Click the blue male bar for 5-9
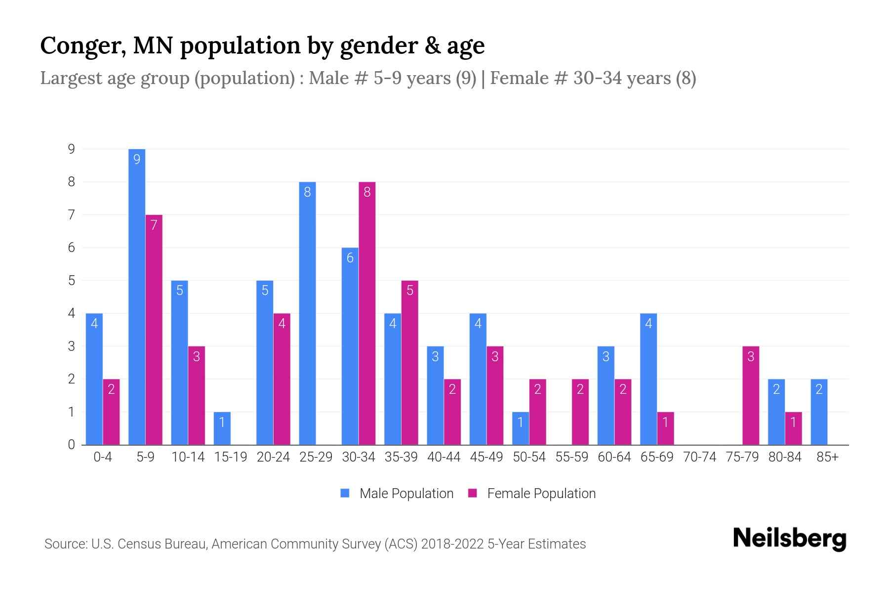coord(137,296)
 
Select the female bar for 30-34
coord(367,313)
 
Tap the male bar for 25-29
coord(307,313)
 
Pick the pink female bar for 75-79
coord(751,395)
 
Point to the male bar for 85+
coord(819,412)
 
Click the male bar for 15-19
coord(222,428)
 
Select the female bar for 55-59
coord(580,412)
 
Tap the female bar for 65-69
coord(665,428)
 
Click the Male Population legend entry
coord(397,493)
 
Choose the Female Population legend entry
coord(532,493)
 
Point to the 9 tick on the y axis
coord(72,149)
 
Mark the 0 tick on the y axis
coord(72,445)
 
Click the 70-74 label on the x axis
coord(699,457)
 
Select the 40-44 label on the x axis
coord(444,457)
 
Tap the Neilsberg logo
coord(789,539)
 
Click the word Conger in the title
coord(81,46)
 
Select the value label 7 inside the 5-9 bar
coord(154,225)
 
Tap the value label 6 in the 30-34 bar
coord(350,258)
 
